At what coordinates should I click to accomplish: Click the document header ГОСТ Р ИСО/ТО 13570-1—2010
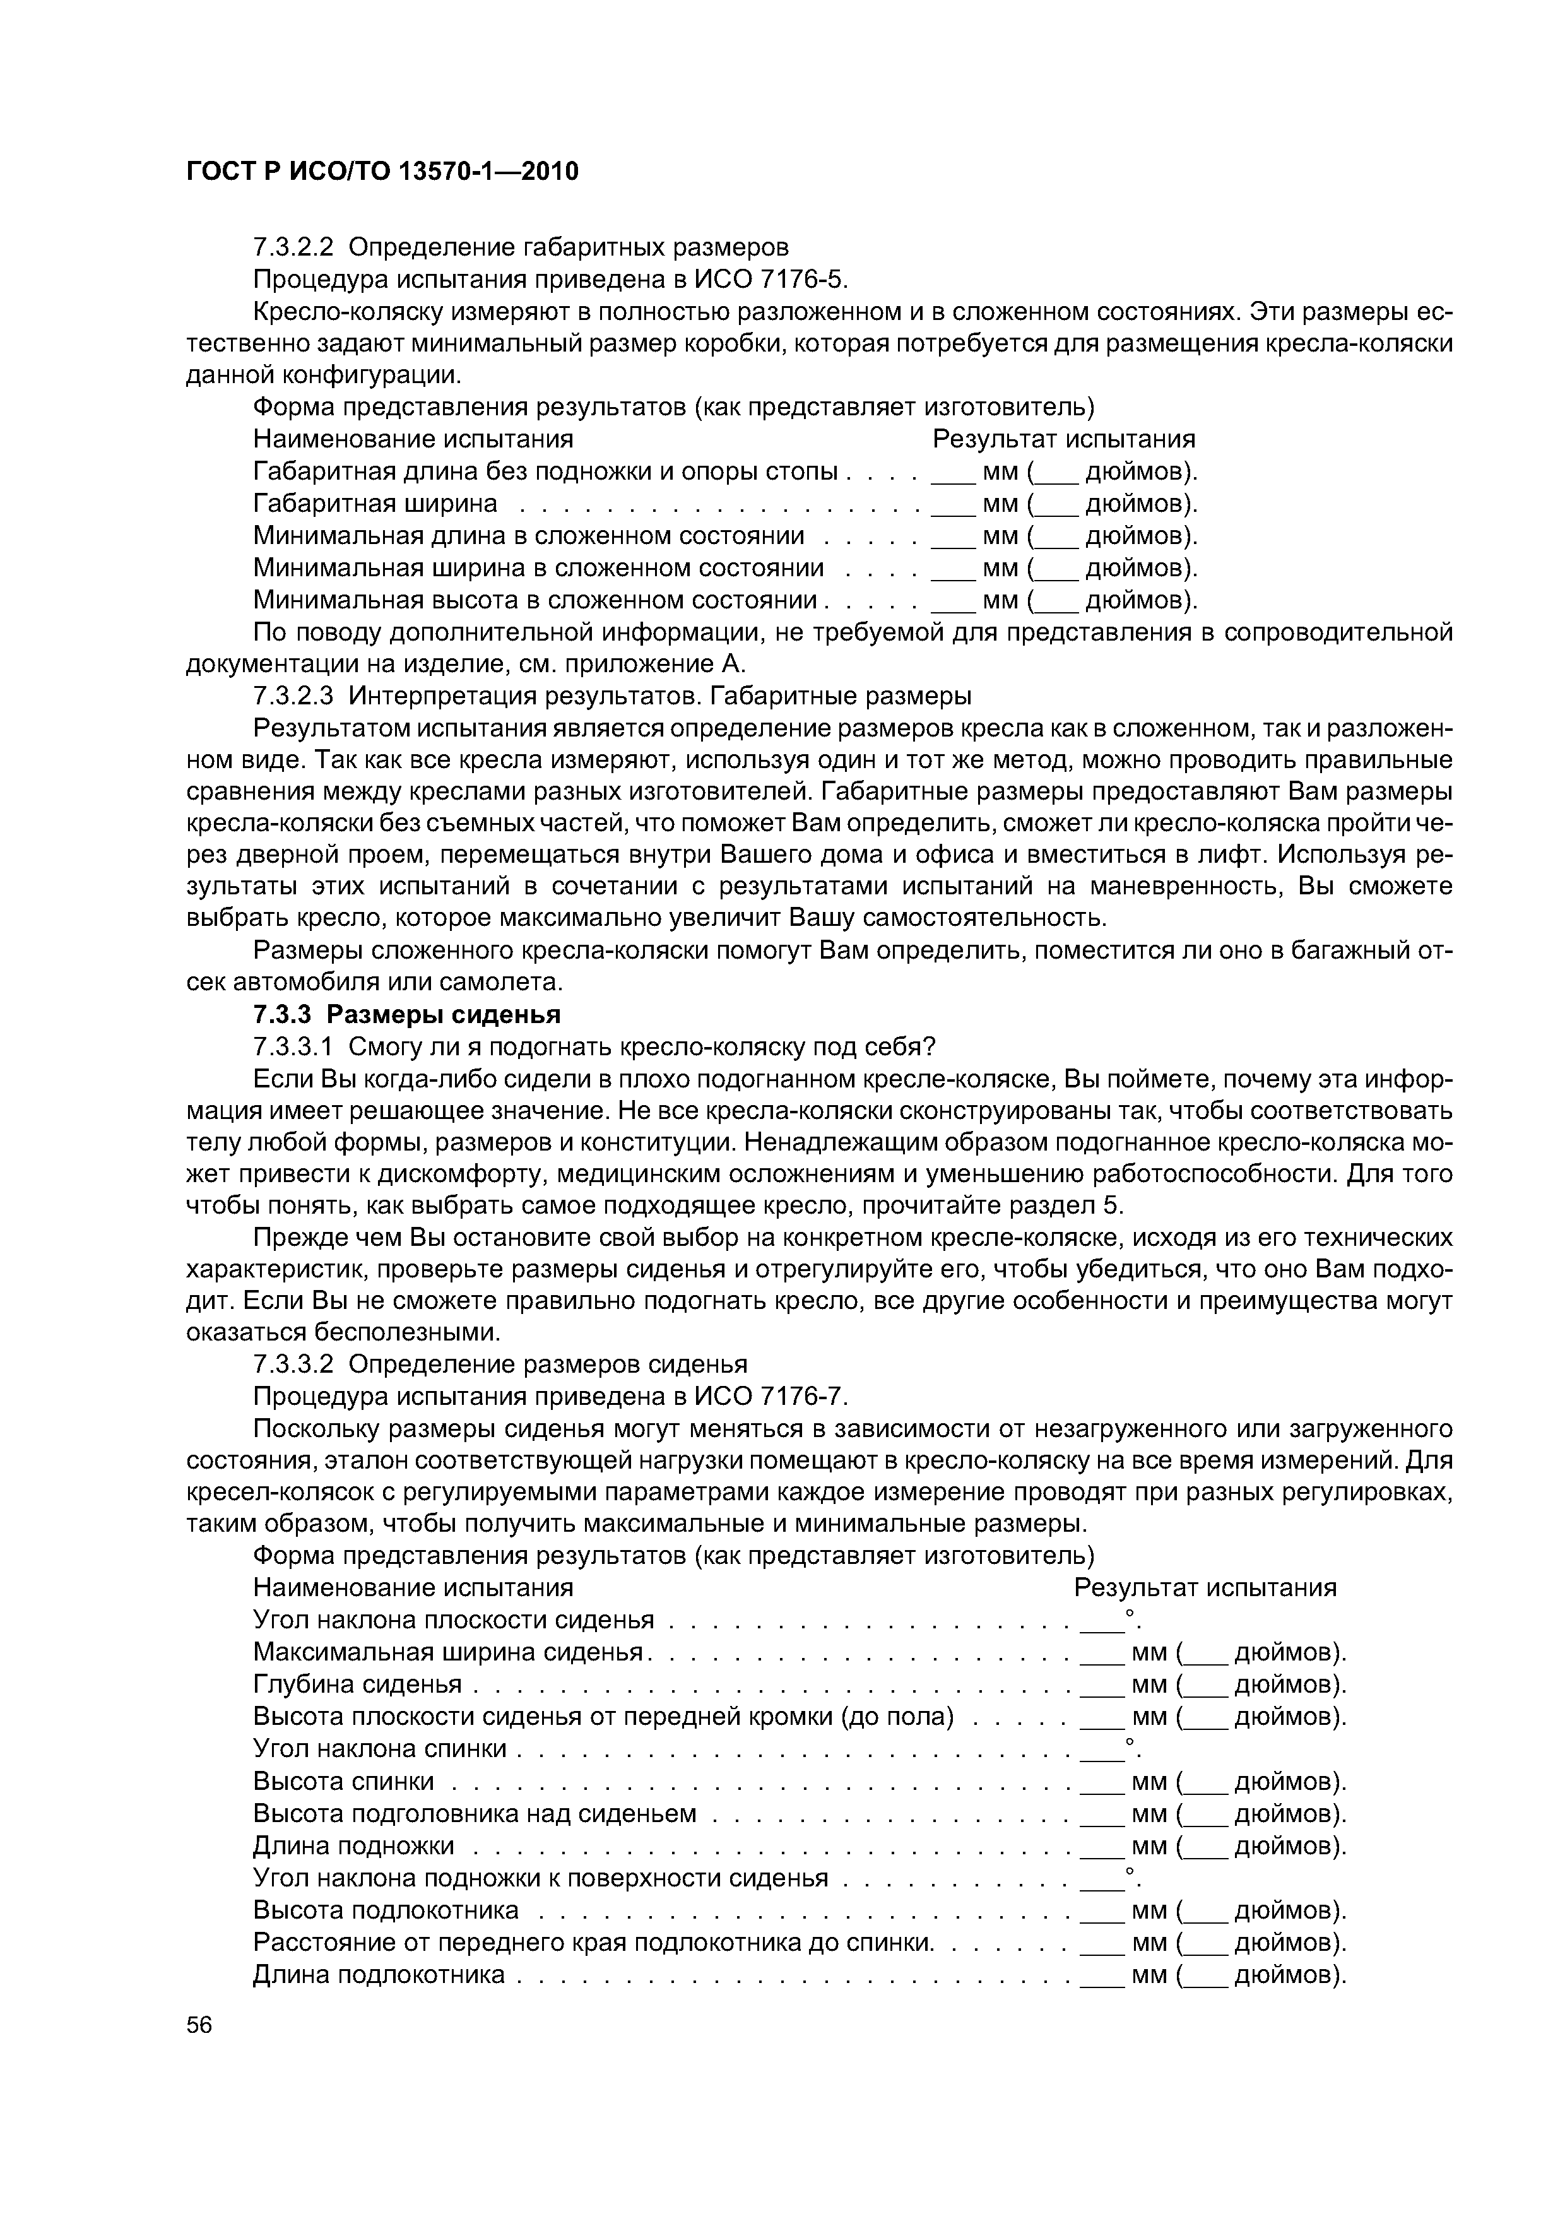click(382, 172)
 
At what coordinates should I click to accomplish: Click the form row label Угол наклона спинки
click(379, 1748)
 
